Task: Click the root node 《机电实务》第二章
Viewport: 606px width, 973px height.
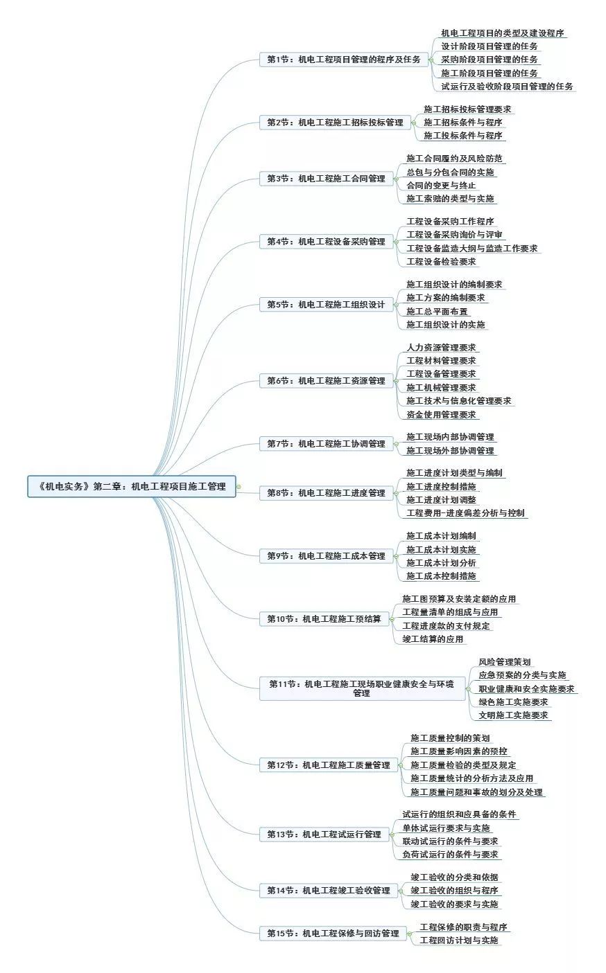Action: (131, 486)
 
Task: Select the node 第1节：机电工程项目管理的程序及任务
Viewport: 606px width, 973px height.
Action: (344, 60)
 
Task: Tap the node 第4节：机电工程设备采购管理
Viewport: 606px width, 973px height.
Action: (327, 242)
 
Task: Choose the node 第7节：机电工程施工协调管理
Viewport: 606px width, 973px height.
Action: (327, 443)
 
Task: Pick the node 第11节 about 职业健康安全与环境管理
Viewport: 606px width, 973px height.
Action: (363, 688)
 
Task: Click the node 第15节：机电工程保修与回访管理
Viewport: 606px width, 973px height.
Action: (333, 933)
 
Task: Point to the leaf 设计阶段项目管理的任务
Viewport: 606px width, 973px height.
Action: (490, 46)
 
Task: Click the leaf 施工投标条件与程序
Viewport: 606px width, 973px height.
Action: (463, 136)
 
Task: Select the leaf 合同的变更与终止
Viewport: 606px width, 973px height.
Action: (441, 186)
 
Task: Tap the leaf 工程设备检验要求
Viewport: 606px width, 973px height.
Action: (441, 262)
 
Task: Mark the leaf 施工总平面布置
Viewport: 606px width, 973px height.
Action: (437, 312)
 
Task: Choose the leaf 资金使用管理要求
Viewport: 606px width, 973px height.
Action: (441, 414)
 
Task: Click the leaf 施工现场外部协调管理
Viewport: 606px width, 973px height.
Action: (450, 451)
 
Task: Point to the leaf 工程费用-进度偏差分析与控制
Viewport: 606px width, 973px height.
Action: (465, 513)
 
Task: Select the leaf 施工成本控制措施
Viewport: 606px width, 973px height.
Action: (441, 576)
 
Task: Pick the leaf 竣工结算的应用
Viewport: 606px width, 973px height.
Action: (433, 639)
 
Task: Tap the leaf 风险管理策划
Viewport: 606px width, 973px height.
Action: (505, 662)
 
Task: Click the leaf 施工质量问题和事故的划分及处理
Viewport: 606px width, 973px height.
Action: (477, 792)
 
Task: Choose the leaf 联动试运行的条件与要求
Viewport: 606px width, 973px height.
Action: (450, 841)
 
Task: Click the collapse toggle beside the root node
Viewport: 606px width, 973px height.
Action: (239, 487)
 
